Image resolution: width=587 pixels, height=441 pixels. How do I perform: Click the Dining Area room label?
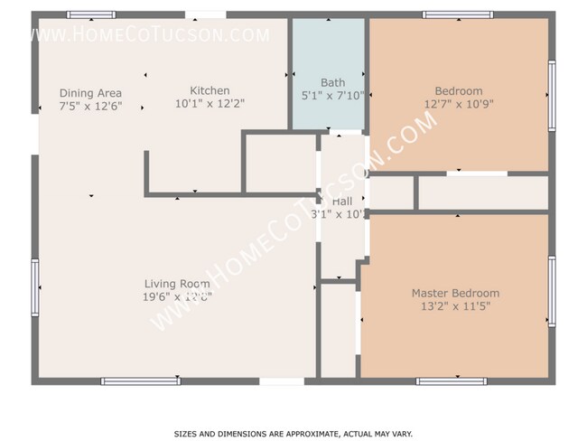pos(90,93)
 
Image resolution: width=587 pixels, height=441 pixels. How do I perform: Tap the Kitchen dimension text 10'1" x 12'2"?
pos(209,103)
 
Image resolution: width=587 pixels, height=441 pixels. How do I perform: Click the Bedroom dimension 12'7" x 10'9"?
pos(459,103)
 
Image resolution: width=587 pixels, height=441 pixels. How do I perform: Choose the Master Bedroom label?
pos(455,293)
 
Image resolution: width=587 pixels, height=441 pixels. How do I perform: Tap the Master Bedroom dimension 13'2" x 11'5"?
pos(455,305)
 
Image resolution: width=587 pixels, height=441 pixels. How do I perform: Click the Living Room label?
pos(176,284)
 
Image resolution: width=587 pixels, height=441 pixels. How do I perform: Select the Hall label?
pos(342,202)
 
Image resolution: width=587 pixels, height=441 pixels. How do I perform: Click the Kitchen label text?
pos(209,90)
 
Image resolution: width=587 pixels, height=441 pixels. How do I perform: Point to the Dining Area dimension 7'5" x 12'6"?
pos(90,106)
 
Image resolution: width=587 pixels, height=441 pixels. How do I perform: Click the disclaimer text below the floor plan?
pos(293,434)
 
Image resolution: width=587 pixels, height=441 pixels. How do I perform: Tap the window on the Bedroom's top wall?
pos(457,14)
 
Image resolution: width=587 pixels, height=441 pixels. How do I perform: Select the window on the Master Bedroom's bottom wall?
pos(452,381)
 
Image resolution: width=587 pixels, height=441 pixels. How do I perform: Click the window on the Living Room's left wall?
pos(35,287)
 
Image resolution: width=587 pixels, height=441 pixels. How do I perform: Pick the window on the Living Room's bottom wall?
pos(141,381)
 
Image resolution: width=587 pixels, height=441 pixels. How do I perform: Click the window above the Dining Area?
pos(91,14)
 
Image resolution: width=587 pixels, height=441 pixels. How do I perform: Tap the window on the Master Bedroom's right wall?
pos(552,291)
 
